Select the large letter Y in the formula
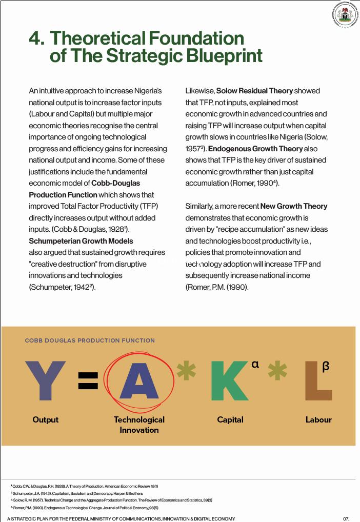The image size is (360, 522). [46, 380]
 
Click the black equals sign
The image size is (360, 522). [88, 380]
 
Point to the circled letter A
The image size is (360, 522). [139, 380]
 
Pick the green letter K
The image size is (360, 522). [229, 380]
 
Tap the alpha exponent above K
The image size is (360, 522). [255, 365]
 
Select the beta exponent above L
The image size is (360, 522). [326, 366]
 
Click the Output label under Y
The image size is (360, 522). [46, 419]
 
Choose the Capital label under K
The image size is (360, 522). [230, 419]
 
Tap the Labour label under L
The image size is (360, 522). [318, 419]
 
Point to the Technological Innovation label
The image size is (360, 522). [139, 425]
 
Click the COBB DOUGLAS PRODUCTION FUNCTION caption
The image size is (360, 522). [90, 340]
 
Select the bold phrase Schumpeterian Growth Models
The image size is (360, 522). [81, 241]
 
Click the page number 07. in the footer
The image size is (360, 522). [346, 518]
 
